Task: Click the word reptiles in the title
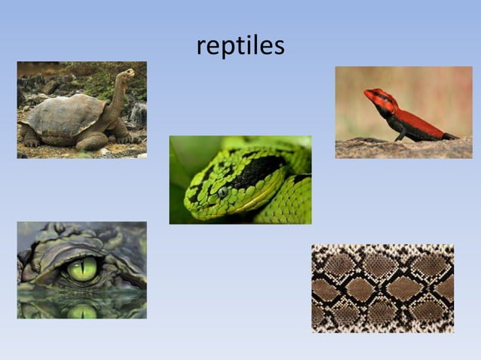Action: tap(240, 45)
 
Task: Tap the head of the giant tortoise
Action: tap(127, 75)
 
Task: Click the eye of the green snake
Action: tap(223, 191)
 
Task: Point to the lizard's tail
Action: tap(449, 136)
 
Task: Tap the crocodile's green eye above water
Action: tap(82, 267)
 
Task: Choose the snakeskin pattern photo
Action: tap(382, 288)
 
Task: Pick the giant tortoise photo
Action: tap(81, 109)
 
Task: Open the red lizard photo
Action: tap(403, 111)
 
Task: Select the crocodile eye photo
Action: tap(81, 270)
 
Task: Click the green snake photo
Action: tap(240, 179)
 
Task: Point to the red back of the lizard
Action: tap(419, 121)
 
